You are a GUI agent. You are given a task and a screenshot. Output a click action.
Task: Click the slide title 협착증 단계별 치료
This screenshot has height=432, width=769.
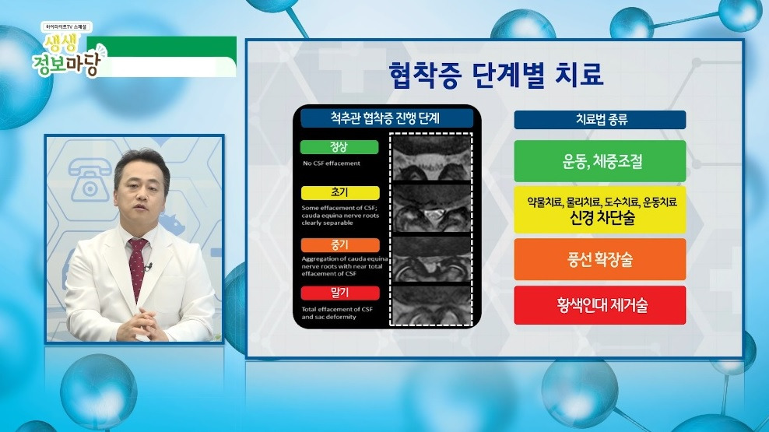click(x=496, y=77)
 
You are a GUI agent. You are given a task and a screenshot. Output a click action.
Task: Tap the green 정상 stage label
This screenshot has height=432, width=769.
click(x=339, y=147)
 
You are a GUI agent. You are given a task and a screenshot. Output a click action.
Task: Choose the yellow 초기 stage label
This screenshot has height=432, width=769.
click(x=339, y=192)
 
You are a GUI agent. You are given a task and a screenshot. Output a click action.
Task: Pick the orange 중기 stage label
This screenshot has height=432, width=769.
click(x=339, y=244)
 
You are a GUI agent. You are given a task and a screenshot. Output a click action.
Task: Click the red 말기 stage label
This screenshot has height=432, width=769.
click(x=339, y=293)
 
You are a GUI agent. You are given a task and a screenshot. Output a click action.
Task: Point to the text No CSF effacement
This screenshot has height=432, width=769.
click(x=332, y=163)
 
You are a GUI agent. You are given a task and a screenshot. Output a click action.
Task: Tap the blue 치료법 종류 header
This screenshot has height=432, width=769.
click(x=599, y=120)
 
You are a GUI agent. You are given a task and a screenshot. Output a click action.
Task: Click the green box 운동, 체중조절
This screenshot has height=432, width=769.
click(x=599, y=162)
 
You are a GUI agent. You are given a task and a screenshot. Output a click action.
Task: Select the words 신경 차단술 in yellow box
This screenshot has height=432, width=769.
click(x=599, y=218)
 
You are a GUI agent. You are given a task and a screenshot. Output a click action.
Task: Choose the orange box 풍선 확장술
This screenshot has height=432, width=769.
click(x=599, y=259)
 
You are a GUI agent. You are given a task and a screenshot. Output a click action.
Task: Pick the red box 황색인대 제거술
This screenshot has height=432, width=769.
click(x=599, y=305)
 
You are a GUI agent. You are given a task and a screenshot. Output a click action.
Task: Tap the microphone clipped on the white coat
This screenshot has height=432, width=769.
click(x=149, y=268)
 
